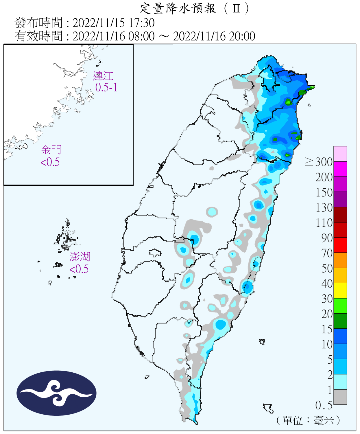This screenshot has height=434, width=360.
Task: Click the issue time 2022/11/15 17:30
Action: point(113,23)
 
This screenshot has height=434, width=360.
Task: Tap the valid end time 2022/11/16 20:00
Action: point(214,36)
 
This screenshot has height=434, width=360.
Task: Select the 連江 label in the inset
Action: point(103,76)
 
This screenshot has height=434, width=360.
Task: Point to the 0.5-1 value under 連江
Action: point(106,87)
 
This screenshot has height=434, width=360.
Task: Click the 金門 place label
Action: point(51,150)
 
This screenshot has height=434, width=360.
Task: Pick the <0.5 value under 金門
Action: point(50,162)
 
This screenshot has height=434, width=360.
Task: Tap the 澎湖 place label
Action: point(80,257)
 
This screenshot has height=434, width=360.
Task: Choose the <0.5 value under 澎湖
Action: point(79,269)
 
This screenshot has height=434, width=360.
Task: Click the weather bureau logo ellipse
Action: point(56,393)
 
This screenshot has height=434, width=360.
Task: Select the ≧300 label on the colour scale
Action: point(319,162)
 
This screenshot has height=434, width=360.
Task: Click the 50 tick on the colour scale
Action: point(327,268)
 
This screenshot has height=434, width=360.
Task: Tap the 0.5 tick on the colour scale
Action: point(324,405)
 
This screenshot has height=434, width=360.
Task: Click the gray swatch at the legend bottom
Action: point(340,397)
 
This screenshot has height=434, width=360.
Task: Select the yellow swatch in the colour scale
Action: point(340,290)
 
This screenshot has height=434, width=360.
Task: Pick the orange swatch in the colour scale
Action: point(340,260)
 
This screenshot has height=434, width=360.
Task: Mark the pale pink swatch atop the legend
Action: point(340,154)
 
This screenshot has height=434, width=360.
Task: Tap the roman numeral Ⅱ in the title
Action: point(236,8)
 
